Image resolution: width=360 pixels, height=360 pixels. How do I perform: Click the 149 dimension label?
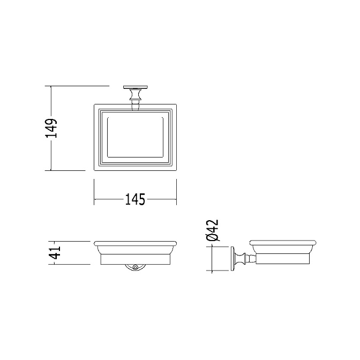51,128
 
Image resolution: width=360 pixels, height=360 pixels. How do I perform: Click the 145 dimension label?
135,199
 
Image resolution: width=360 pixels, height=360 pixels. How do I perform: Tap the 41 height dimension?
55,252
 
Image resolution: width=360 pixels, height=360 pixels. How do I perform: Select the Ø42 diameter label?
212,230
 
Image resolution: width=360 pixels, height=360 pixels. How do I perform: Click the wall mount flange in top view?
135,87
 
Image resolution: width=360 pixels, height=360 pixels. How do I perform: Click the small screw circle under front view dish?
135,267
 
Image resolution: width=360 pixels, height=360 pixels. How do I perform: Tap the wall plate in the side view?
232,259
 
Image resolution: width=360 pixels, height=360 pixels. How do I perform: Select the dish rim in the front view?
135,243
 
